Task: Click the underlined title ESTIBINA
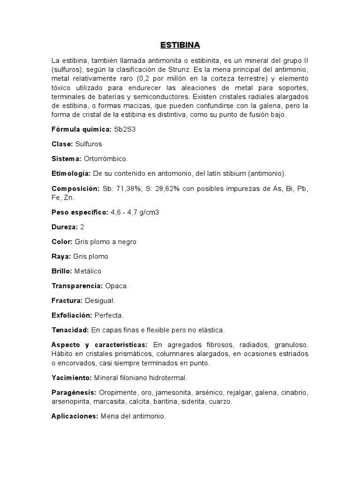[180, 45]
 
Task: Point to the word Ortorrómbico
[106, 158]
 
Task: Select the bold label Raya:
[61, 256]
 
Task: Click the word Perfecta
[110, 315]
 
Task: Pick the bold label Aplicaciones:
[74, 416]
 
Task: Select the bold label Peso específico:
[80, 212]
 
